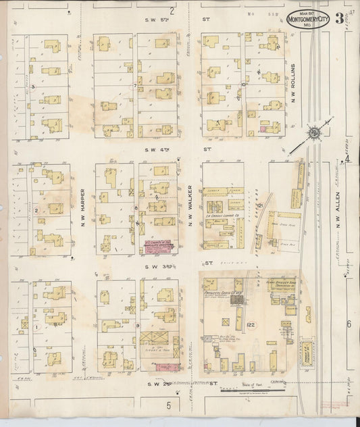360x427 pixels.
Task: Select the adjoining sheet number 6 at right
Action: [x=349, y=325]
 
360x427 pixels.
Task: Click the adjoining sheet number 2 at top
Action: [x=172, y=10]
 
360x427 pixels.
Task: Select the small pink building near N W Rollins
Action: [x=262, y=128]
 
